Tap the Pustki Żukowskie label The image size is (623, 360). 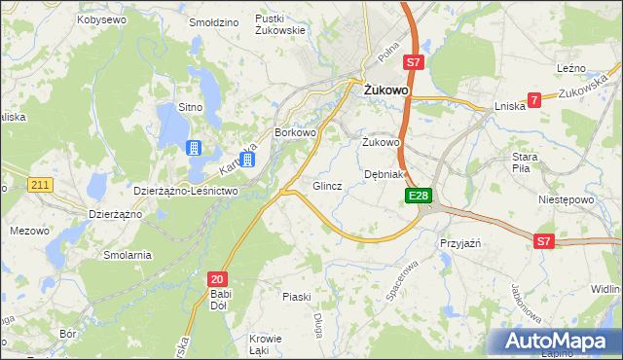pos(280,24)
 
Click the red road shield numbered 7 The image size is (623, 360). pos(533,99)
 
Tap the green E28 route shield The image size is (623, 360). pos(418,197)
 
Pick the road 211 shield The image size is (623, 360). pos(40,184)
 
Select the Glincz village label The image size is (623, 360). pos(326,186)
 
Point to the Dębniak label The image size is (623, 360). pos(384,174)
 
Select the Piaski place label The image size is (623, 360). pos(296,297)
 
